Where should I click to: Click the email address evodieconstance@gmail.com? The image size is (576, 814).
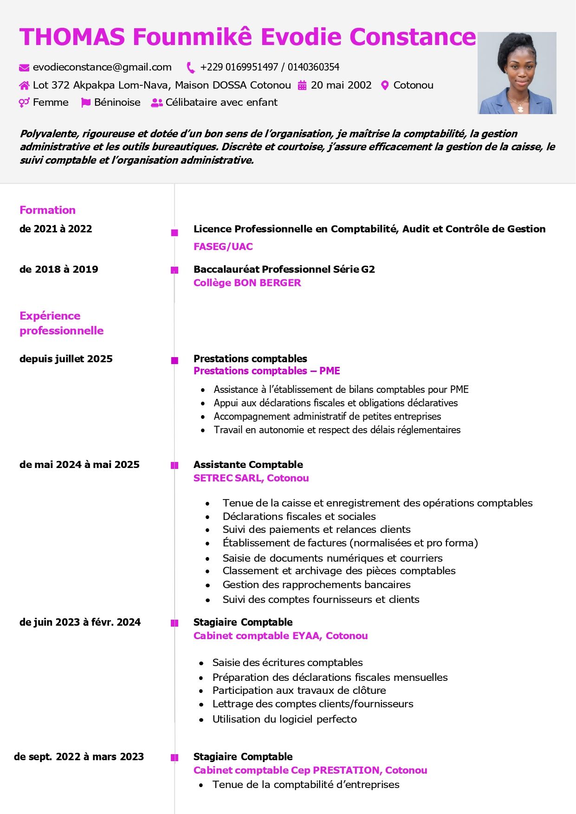click(102, 67)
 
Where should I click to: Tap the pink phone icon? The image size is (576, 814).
click(191, 68)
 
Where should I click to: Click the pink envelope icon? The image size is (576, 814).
click(24, 68)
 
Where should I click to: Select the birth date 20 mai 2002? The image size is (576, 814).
click(341, 85)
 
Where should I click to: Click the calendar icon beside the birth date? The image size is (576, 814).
click(302, 85)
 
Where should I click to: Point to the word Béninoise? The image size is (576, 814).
click(117, 103)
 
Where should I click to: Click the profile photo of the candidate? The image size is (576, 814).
click(517, 73)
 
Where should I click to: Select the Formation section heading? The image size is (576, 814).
click(47, 210)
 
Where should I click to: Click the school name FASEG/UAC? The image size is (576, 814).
click(223, 247)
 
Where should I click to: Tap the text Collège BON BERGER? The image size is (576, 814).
click(247, 283)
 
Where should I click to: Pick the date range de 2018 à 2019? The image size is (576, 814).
click(59, 269)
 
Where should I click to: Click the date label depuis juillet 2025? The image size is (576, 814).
click(66, 359)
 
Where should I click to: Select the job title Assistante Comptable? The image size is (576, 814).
click(248, 465)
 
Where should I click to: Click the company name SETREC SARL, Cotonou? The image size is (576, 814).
click(251, 478)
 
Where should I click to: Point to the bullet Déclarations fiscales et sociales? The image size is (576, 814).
click(299, 517)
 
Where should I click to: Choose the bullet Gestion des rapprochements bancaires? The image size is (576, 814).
click(317, 585)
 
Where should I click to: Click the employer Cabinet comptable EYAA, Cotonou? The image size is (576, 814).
click(280, 636)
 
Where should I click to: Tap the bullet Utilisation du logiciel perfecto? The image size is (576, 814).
click(285, 719)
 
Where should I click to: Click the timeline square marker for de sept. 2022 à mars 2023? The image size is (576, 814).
click(175, 758)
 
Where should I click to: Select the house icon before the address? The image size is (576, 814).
click(24, 85)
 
